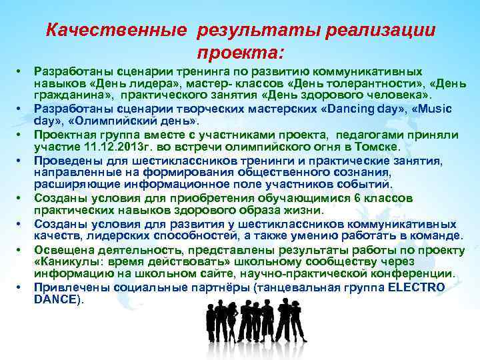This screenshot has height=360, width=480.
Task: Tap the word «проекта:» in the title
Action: pyautogui.click(x=240, y=53)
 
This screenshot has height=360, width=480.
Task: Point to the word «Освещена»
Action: pyautogui.click(x=61, y=249)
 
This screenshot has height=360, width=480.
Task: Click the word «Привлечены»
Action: pyautogui.click(x=67, y=287)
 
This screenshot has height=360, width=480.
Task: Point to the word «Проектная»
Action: pyautogui.click(x=63, y=135)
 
